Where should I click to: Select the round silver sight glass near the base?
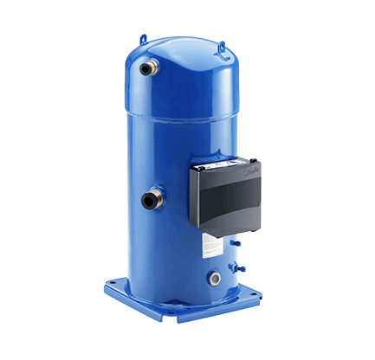pyautogui.click(x=213, y=279)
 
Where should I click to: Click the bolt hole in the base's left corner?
pyautogui.click(x=115, y=283)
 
